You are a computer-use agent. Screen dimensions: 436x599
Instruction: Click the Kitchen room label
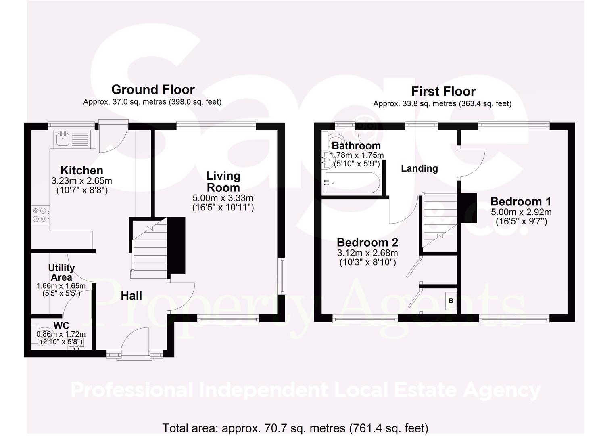pos(81,170)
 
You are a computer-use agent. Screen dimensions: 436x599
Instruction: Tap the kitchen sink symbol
pos(63,138)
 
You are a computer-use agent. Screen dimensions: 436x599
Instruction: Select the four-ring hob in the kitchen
pos(40,214)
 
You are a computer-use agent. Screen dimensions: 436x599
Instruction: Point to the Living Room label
pos(223,181)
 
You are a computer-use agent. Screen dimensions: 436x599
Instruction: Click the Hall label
pos(131,296)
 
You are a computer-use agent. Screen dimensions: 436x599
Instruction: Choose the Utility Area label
pos(61,272)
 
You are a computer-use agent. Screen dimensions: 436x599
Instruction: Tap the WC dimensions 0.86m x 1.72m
pos(61,334)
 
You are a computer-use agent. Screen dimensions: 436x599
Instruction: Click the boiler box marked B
pos(451,301)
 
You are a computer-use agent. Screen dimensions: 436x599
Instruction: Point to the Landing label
pos(419,168)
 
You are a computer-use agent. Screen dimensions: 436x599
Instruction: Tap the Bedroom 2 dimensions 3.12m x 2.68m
pos(367,253)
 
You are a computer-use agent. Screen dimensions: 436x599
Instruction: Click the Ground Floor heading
pos(152,89)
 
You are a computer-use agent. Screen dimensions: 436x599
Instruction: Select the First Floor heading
pos(443,91)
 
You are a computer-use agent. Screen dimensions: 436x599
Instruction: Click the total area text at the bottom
pos(295,428)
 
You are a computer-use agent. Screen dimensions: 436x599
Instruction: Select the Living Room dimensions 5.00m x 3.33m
pos(223,198)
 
